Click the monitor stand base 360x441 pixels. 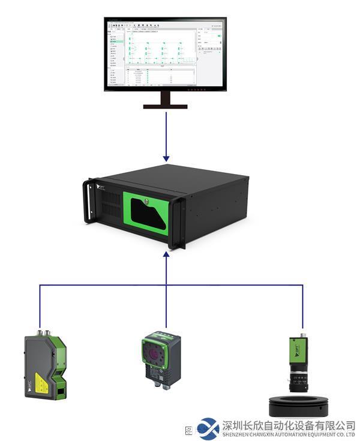tap(165, 106)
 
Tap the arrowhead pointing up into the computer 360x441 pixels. tap(166, 255)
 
